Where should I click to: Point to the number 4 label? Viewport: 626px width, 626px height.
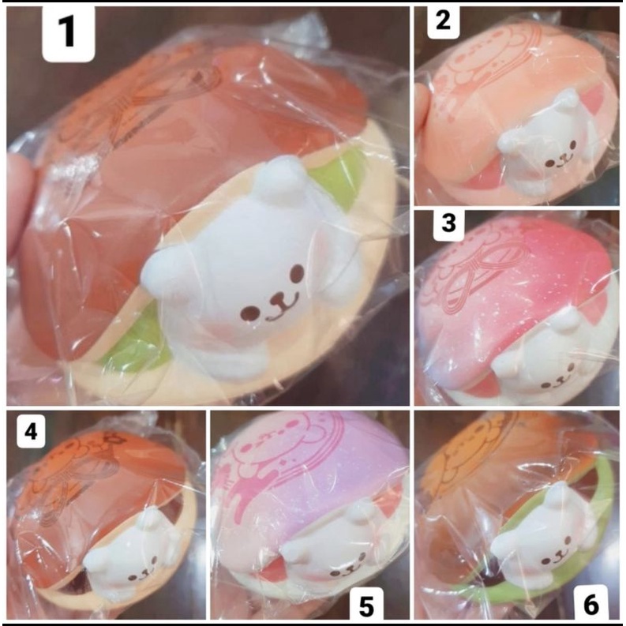[x=31, y=431]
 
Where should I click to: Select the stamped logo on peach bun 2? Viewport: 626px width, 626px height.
[x=482, y=71]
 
